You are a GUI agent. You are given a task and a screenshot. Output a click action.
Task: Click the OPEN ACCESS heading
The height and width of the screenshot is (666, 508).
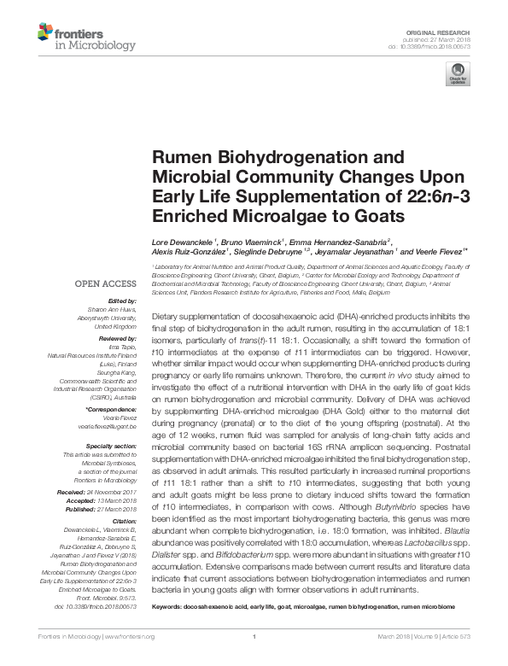tap(107, 282)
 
